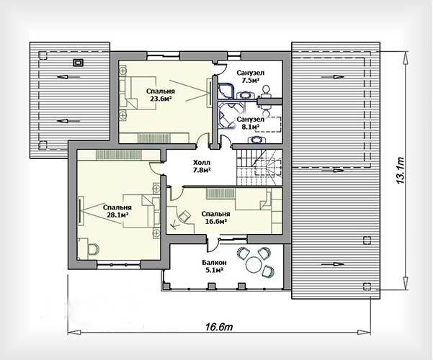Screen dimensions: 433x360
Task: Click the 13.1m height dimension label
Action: [401, 171]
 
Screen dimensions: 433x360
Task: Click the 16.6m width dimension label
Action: [219, 327]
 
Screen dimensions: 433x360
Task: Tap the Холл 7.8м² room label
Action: [202, 166]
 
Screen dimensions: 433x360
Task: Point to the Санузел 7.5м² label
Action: [251, 76]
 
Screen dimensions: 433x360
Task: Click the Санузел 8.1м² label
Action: [251, 123]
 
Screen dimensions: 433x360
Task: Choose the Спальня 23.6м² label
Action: [161, 95]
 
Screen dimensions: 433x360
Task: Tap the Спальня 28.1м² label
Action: [117, 211]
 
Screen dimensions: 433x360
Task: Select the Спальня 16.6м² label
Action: [215, 217]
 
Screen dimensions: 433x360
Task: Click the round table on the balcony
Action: [254, 264]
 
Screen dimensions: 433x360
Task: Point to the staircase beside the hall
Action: [259, 168]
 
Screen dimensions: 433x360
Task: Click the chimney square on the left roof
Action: [78, 63]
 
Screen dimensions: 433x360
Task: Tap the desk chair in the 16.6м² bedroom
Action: [184, 216]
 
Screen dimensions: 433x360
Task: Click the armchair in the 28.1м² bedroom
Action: [93, 248]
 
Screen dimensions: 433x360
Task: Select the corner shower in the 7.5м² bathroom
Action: [226, 91]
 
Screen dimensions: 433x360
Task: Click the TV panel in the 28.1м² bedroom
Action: [81, 210]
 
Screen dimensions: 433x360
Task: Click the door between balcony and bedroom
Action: [213, 243]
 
